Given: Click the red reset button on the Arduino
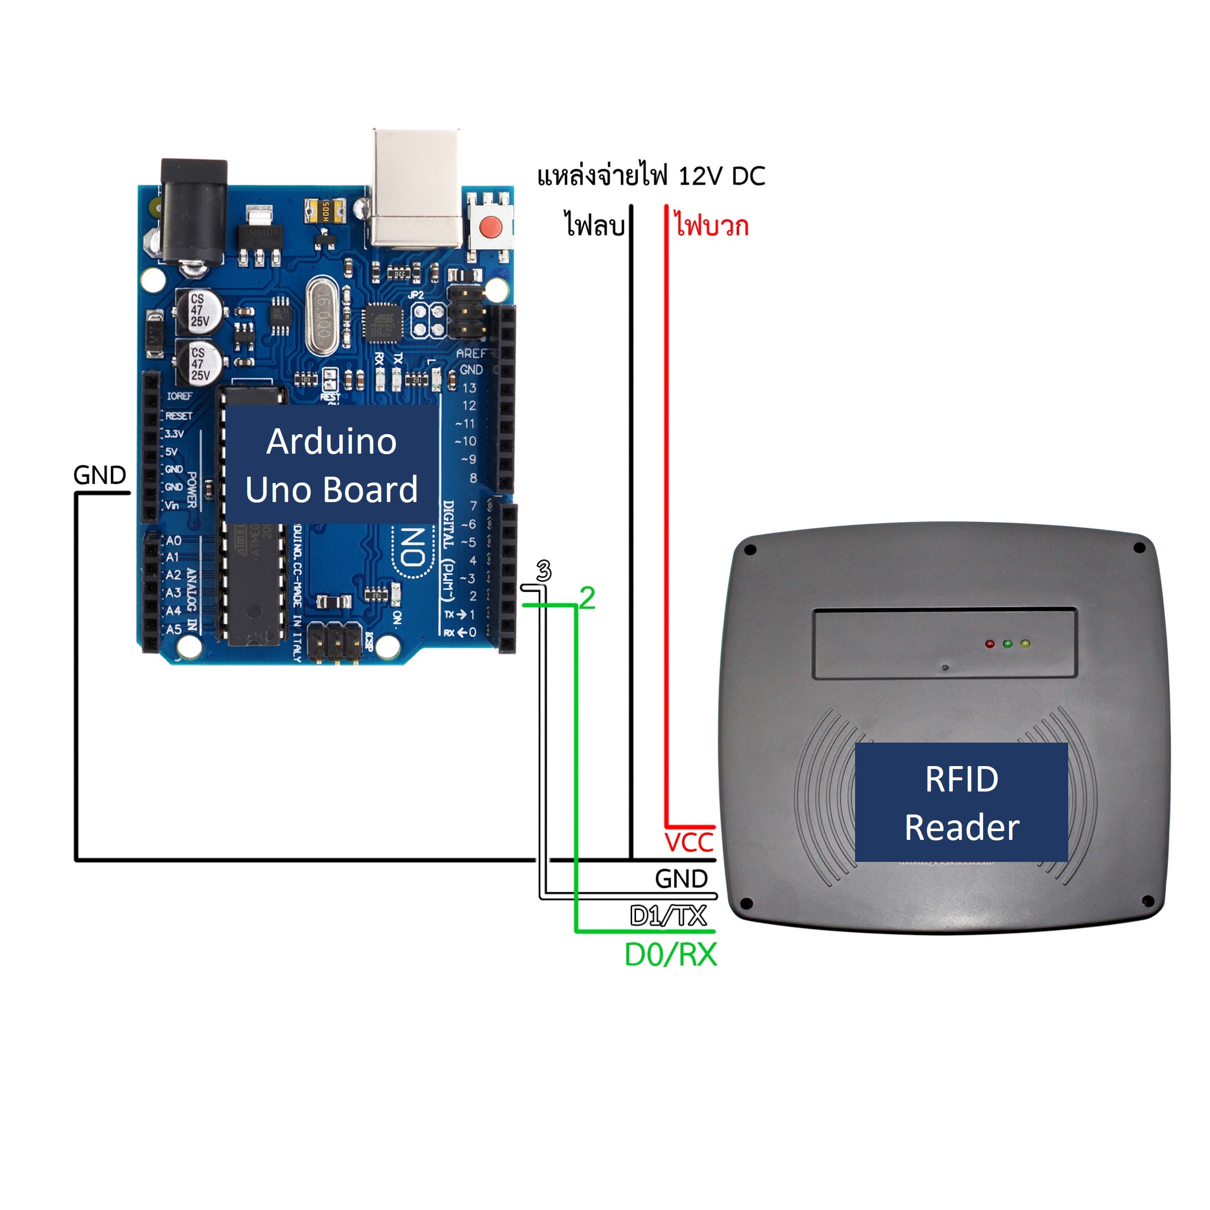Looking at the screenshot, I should (x=490, y=225).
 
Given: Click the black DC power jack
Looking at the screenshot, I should (x=194, y=210).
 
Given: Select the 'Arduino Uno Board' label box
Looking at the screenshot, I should (x=331, y=465).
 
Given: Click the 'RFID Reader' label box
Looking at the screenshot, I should (x=961, y=803).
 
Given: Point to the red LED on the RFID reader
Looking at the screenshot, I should (x=990, y=643).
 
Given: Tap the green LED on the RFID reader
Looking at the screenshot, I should (x=1007, y=643).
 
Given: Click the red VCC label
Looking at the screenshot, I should (x=689, y=842).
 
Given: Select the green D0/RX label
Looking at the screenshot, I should (x=671, y=954).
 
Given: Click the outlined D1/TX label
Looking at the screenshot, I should (x=668, y=916).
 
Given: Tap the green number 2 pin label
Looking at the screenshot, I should (x=587, y=598).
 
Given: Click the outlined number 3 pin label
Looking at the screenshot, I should (x=544, y=571).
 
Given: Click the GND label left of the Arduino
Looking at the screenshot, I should (x=100, y=475).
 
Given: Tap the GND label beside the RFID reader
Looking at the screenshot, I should (x=682, y=879).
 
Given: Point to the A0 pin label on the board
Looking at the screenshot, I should (x=174, y=540).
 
